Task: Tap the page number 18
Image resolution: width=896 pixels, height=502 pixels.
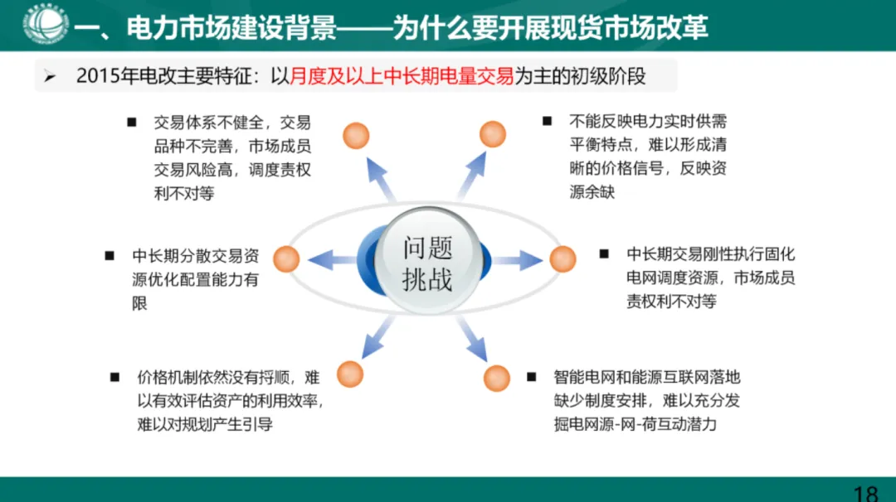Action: (x=864, y=494)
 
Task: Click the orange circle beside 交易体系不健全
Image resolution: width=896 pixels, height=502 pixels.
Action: (x=356, y=134)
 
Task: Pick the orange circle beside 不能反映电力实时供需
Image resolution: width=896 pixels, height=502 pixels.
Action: (x=492, y=134)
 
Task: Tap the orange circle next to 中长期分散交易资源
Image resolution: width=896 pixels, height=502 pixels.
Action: (x=286, y=259)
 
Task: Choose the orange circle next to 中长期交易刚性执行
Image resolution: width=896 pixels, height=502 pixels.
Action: (x=562, y=259)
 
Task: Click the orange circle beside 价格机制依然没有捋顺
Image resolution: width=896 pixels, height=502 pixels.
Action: (x=350, y=374)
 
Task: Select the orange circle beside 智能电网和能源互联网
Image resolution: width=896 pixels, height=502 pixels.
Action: (x=496, y=377)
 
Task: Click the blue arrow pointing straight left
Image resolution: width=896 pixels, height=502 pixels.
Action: (x=332, y=260)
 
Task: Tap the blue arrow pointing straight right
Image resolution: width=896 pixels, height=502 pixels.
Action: (x=518, y=260)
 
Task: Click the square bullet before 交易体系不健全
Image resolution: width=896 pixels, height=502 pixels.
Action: (x=131, y=123)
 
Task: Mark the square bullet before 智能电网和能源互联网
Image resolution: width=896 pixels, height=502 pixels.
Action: (x=531, y=377)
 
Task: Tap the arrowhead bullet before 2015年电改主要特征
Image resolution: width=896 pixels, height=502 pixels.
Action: (x=50, y=78)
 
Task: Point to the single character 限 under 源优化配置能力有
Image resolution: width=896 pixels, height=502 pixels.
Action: (x=140, y=303)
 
